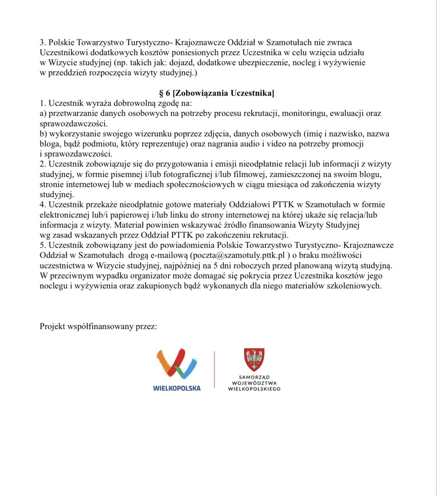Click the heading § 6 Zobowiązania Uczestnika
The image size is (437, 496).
[217, 93]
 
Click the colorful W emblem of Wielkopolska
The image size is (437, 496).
[177, 363]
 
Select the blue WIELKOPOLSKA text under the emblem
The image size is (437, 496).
[177, 388]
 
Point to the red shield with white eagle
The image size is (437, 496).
[254, 359]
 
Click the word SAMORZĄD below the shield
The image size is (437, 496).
[254, 377]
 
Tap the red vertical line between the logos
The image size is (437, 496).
[215, 369]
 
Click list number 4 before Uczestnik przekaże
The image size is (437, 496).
[42, 205]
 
